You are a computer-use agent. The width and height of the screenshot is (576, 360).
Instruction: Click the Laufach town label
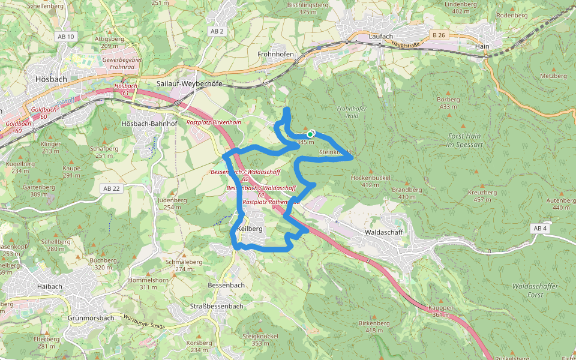(381, 36)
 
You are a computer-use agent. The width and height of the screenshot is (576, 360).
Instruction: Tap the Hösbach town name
(52, 78)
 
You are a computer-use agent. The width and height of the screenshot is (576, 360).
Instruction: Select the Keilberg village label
(250, 229)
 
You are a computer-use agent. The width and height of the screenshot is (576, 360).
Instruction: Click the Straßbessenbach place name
(217, 306)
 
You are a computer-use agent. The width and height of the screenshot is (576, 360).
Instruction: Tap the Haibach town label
(49, 286)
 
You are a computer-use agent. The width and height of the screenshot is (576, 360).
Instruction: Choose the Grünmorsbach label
(91, 317)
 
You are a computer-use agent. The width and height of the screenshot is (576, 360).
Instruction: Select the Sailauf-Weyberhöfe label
(189, 83)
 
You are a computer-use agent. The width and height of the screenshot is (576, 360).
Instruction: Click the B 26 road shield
(439, 35)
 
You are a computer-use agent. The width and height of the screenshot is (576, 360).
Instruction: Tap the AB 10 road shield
(66, 37)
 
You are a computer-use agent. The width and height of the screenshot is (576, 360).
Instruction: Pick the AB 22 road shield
(112, 188)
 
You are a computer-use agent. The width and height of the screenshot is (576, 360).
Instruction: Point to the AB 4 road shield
(539, 228)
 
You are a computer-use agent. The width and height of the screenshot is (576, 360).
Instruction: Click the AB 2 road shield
(217, 31)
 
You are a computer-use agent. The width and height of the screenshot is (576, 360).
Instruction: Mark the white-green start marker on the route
(310, 134)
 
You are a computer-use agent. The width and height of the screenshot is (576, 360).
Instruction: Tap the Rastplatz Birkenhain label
(214, 122)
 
